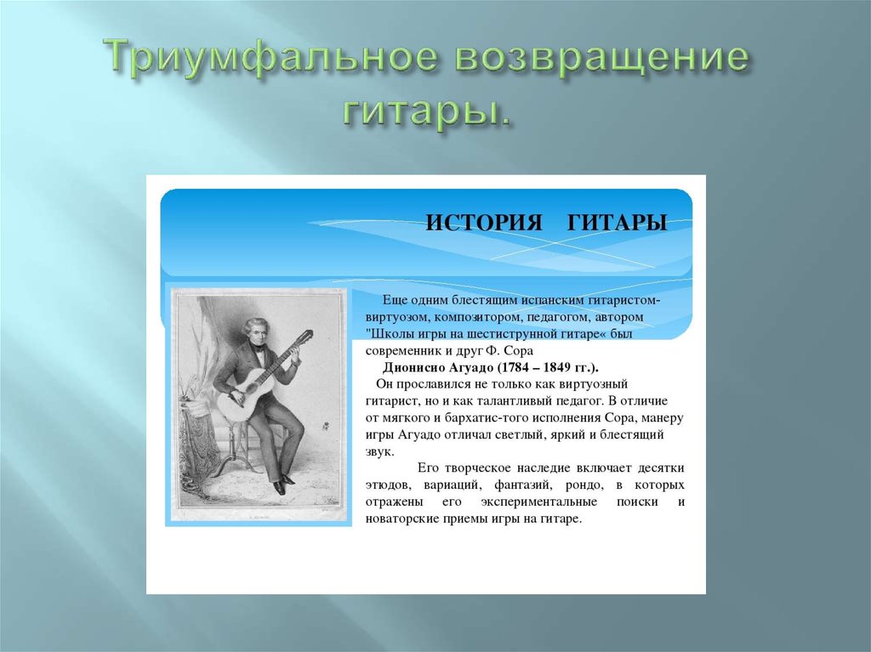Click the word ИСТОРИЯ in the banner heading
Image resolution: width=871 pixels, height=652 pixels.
484,223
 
